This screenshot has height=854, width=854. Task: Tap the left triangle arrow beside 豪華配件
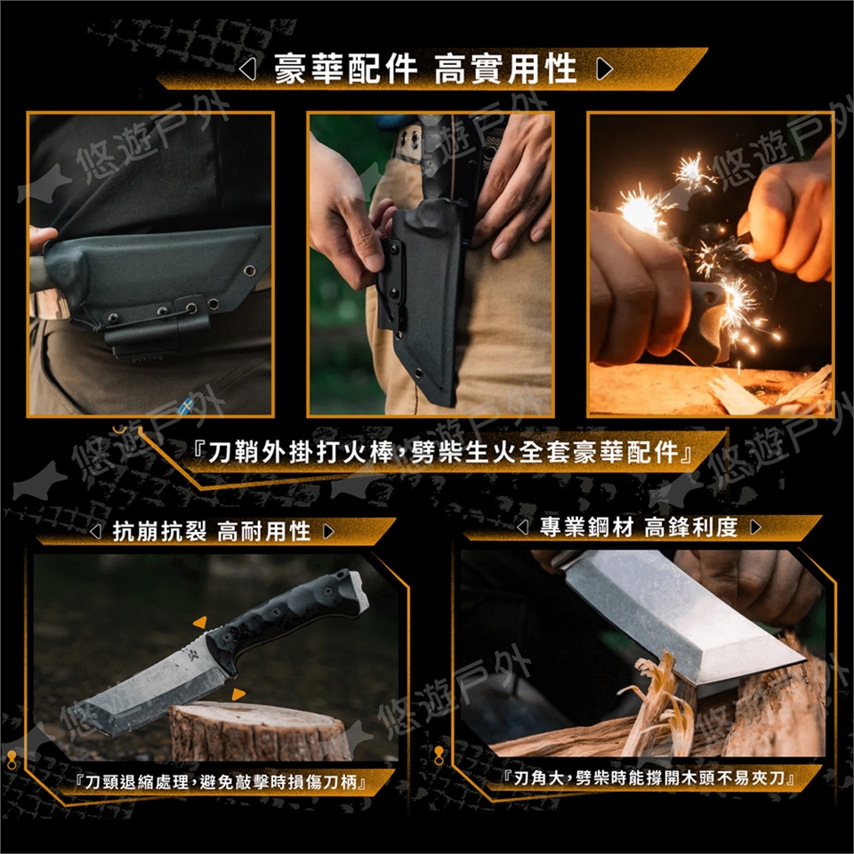pos(248,69)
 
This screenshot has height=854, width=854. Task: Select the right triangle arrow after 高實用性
pos(604,69)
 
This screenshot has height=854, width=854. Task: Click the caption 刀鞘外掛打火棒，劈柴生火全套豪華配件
pos(443,453)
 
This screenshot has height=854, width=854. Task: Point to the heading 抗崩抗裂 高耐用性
pos(212,531)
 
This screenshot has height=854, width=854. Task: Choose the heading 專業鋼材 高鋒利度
pos(639,527)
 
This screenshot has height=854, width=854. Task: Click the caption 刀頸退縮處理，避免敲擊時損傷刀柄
pos(221,782)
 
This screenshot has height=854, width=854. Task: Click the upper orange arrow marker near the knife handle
pos(200,622)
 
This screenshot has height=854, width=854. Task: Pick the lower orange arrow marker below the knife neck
pos(238,694)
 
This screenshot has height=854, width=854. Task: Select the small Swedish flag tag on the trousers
pos(186,406)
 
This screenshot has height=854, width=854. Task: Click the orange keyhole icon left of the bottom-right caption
pos(439,756)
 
